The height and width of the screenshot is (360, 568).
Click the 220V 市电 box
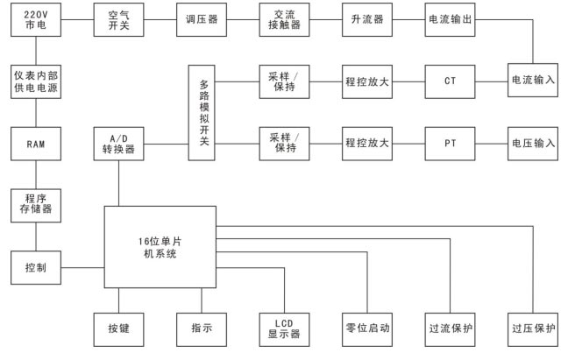pyautogui.click(x=35, y=19)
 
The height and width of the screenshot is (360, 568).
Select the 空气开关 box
pyautogui.click(x=117, y=19)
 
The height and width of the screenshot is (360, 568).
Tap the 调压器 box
pyautogui.click(x=201, y=19)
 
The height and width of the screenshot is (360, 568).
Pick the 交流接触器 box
pyautogui.click(x=284, y=19)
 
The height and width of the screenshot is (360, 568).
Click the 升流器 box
pyautogui.click(x=367, y=19)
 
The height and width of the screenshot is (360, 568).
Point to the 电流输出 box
pyautogui.click(x=450, y=19)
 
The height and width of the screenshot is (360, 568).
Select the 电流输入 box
pyautogui.click(x=533, y=80)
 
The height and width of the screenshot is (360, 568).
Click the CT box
pyautogui.click(x=450, y=80)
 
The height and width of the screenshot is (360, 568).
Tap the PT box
pyautogui.click(x=450, y=141)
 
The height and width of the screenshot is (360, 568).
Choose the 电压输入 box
pyautogui.click(x=533, y=141)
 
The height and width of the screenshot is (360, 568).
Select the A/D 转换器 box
pyautogui.click(x=117, y=141)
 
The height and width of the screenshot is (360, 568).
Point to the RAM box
pyautogui.click(x=35, y=141)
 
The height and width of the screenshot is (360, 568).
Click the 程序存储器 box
pyautogui.click(x=35, y=203)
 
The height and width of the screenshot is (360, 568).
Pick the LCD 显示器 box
pyautogui.click(x=284, y=328)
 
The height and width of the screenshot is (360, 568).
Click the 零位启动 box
pyautogui.click(x=367, y=328)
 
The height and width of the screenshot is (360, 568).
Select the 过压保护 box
pyautogui.click(x=533, y=328)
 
